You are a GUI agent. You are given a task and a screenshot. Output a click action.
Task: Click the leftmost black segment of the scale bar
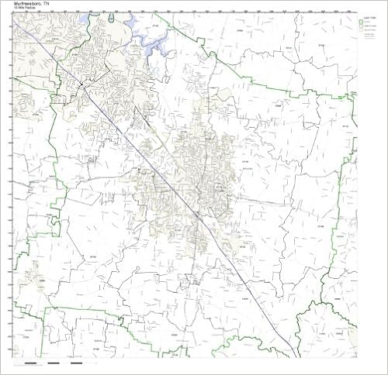coord(29,363)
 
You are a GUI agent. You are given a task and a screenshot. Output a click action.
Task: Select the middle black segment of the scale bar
coord(54,363)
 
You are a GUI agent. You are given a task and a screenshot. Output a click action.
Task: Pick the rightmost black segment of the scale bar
coord(77,363)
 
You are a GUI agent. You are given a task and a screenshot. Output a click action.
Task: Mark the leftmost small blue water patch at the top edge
coord(92,15)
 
